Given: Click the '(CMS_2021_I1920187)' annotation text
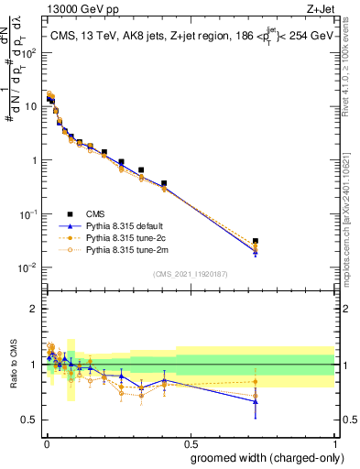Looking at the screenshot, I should pos(190,273).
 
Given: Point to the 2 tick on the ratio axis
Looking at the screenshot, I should pos(34,309).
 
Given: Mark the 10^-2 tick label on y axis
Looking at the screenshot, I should pos(27,268).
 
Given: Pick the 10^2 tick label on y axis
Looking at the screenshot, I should pos(27,52).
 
